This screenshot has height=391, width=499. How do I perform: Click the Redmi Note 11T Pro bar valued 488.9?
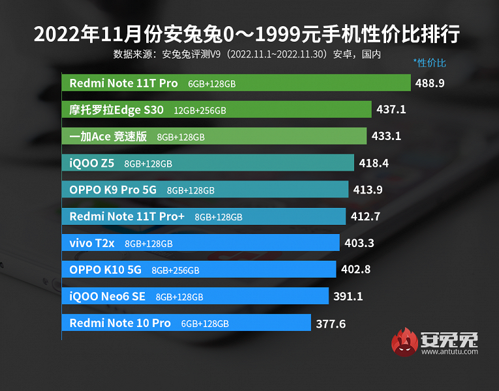tap(236, 83)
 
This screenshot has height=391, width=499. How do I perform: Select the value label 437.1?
tap(391, 109)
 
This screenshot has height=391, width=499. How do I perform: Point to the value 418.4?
tap(374, 163)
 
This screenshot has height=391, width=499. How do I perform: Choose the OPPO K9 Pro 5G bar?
tap(205, 190)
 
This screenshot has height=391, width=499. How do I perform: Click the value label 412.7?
tap(365, 216)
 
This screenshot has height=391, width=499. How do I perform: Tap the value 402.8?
tap(355, 270)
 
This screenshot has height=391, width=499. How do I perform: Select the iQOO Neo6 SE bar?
tap(195, 297)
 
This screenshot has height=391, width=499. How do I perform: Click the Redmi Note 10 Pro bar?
tap(187, 323)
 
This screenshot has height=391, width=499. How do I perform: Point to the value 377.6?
tap(331, 323)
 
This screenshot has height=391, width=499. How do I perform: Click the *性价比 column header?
tap(430, 63)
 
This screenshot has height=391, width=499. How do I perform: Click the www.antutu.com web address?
tap(449, 352)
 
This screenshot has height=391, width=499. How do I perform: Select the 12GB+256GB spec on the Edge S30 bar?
tap(200, 110)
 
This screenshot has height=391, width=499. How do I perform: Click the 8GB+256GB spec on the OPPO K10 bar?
tap(175, 270)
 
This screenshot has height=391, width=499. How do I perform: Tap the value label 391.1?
tap(348, 297)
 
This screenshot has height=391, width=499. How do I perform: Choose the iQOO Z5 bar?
tap(208, 163)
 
